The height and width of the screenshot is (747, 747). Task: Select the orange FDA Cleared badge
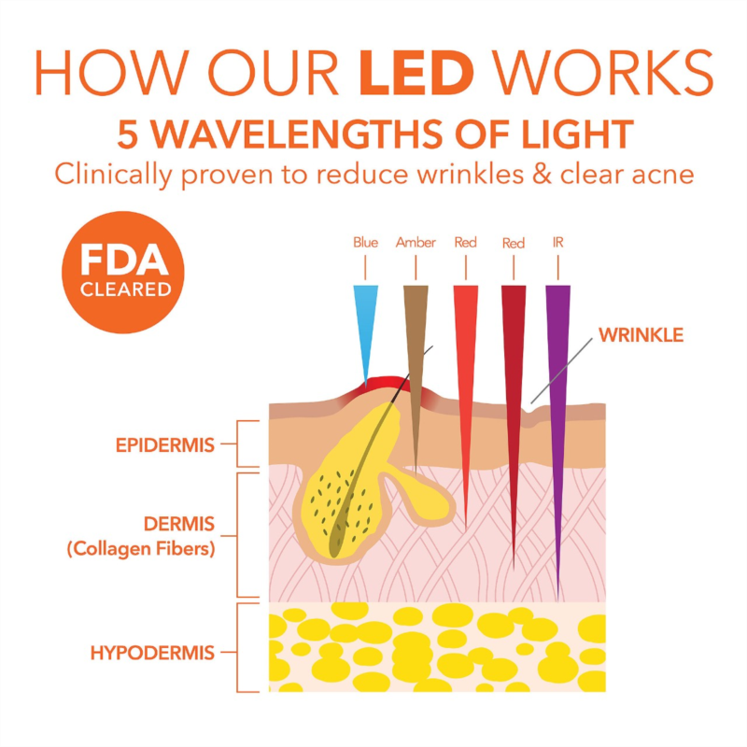123,270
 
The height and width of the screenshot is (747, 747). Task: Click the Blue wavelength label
366,243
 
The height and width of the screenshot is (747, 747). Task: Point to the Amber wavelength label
416,243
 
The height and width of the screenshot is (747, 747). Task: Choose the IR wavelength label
557,243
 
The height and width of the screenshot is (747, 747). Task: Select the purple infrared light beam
557,392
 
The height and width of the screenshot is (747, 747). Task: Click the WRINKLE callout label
641,334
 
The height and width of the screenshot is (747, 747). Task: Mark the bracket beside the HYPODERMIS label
245,648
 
